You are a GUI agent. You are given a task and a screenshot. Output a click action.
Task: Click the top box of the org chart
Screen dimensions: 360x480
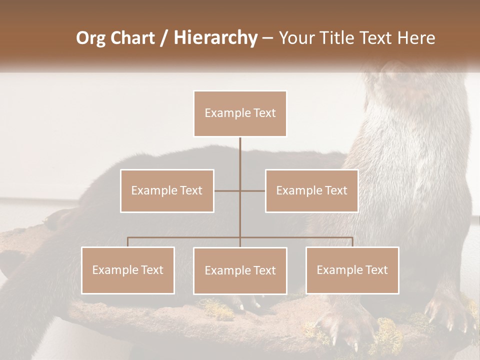[x=240, y=113]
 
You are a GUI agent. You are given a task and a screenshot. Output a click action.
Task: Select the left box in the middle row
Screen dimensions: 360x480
[x=167, y=190]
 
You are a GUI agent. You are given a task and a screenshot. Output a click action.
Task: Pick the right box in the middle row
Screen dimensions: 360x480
[x=311, y=190]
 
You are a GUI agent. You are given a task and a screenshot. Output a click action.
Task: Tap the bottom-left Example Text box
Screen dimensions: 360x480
[x=128, y=270]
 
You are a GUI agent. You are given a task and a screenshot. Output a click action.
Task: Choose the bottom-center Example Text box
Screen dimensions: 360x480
[x=240, y=270]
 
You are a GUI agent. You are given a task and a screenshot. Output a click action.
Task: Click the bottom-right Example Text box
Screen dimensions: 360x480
[x=352, y=270]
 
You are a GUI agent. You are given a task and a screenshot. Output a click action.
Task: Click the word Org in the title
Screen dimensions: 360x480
[x=90, y=38]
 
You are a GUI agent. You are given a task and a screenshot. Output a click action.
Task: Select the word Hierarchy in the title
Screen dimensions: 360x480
[x=215, y=38]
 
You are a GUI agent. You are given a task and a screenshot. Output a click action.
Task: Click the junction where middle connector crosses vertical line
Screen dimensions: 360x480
[x=240, y=190]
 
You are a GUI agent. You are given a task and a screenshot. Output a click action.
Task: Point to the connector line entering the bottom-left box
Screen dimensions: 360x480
[x=128, y=242]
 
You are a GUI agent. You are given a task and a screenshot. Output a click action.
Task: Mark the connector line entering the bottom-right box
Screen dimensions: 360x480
[x=352, y=242]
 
